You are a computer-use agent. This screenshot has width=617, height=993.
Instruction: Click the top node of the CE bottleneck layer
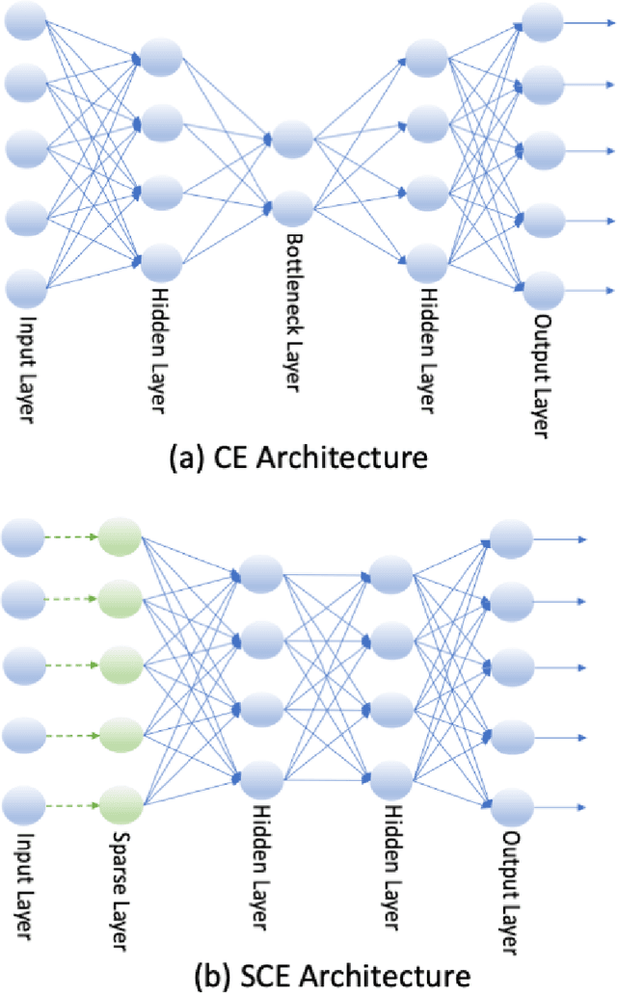click(291, 141)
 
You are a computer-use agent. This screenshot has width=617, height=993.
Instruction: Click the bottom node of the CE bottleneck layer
click(291, 207)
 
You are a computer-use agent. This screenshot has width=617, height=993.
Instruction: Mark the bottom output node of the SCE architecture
click(511, 804)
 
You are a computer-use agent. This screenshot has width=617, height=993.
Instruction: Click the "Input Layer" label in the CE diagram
click(26, 357)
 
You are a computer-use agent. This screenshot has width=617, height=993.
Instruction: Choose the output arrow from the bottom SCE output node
click(559, 804)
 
